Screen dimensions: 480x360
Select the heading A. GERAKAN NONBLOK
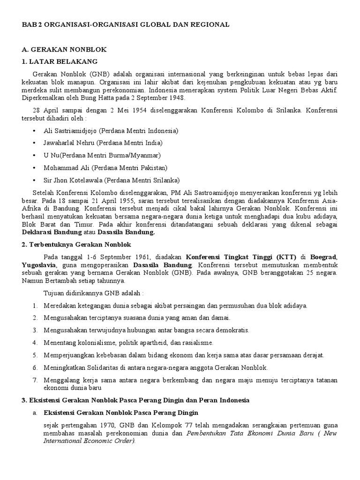pyautogui.click(x=65, y=49)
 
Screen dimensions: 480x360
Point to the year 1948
pyautogui.click(x=177, y=98)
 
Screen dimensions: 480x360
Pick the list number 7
pyautogui.click(x=35, y=380)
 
